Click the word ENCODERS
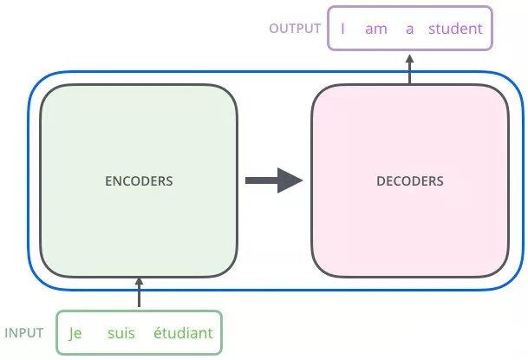pyautogui.click(x=139, y=182)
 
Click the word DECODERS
pyautogui.click(x=410, y=182)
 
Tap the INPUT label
pyautogui.click(x=24, y=333)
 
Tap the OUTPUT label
pyautogui.click(x=295, y=29)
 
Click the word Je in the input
pyautogui.click(x=75, y=333)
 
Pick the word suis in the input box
pyautogui.click(x=122, y=333)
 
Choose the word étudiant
pyautogui.click(x=182, y=333)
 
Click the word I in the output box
pyautogui.click(x=343, y=29)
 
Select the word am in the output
pyautogui.click(x=375, y=29)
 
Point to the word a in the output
pyautogui.click(x=410, y=29)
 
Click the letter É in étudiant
pyautogui.click(x=157, y=333)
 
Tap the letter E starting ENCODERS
pyautogui.click(x=108, y=182)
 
